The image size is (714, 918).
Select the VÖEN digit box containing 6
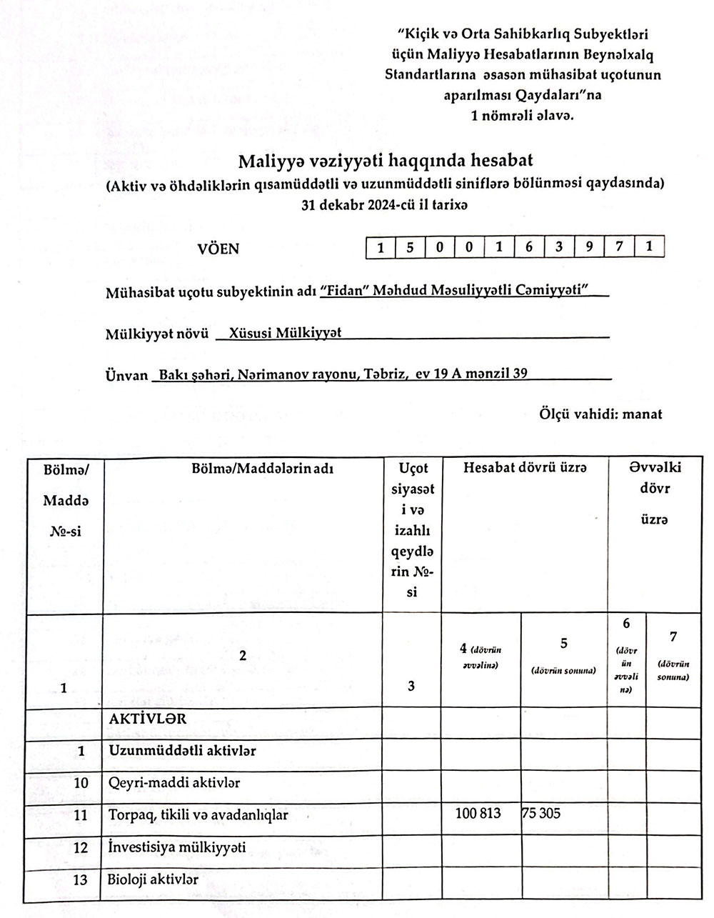(529, 248)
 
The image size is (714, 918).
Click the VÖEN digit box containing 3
(559, 248)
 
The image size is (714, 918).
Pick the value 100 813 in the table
(478, 814)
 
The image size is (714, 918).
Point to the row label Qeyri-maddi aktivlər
(174, 783)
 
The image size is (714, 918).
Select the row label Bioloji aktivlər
(153, 879)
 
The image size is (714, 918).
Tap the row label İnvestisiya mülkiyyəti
(177, 847)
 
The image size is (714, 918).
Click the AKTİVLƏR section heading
(148, 719)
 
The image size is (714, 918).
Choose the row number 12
(81, 848)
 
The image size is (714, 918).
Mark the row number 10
(81, 783)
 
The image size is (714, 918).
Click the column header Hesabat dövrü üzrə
(525, 468)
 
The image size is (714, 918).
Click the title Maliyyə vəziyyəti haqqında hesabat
(386, 159)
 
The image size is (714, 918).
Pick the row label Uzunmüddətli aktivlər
(182, 751)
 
